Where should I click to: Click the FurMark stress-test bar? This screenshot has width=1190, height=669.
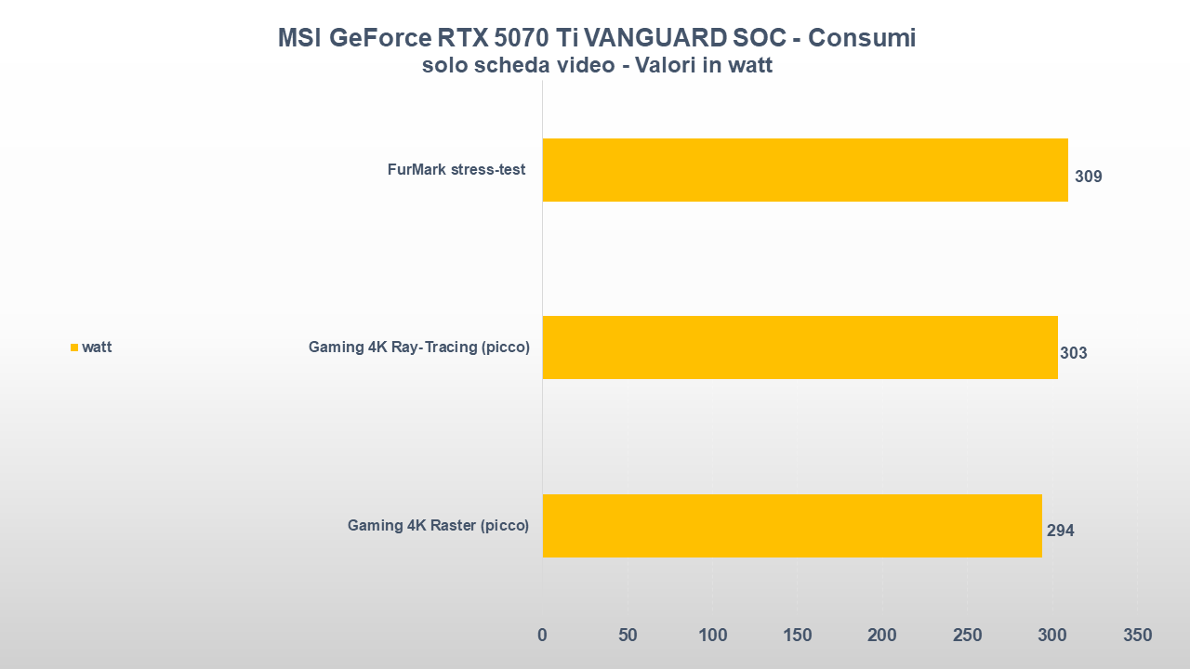click(x=805, y=170)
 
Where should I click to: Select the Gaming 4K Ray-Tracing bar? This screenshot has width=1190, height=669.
click(x=800, y=348)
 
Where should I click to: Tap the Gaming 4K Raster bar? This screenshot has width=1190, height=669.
click(x=792, y=525)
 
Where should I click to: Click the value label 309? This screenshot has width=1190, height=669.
click(x=1088, y=177)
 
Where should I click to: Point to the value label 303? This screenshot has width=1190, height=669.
click(x=1073, y=353)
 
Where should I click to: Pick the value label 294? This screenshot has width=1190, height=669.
click(x=1060, y=531)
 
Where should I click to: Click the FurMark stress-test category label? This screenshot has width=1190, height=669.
click(x=456, y=170)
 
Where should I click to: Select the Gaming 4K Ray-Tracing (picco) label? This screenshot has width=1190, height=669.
click(x=418, y=348)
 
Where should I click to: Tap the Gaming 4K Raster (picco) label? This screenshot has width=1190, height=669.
click(x=438, y=525)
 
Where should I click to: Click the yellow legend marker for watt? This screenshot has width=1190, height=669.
click(x=74, y=348)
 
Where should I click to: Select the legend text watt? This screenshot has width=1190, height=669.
click(x=97, y=348)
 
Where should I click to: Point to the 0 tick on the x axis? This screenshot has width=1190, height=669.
click(x=542, y=636)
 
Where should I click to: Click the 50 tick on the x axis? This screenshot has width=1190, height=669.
click(x=628, y=636)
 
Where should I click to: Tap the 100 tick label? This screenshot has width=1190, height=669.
click(x=713, y=636)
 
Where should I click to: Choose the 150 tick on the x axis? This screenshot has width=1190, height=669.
click(x=798, y=636)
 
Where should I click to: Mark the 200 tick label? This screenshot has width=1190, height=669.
click(x=882, y=636)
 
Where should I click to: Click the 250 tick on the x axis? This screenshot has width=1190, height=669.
click(x=968, y=636)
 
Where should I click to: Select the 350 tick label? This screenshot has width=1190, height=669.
click(x=1137, y=636)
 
